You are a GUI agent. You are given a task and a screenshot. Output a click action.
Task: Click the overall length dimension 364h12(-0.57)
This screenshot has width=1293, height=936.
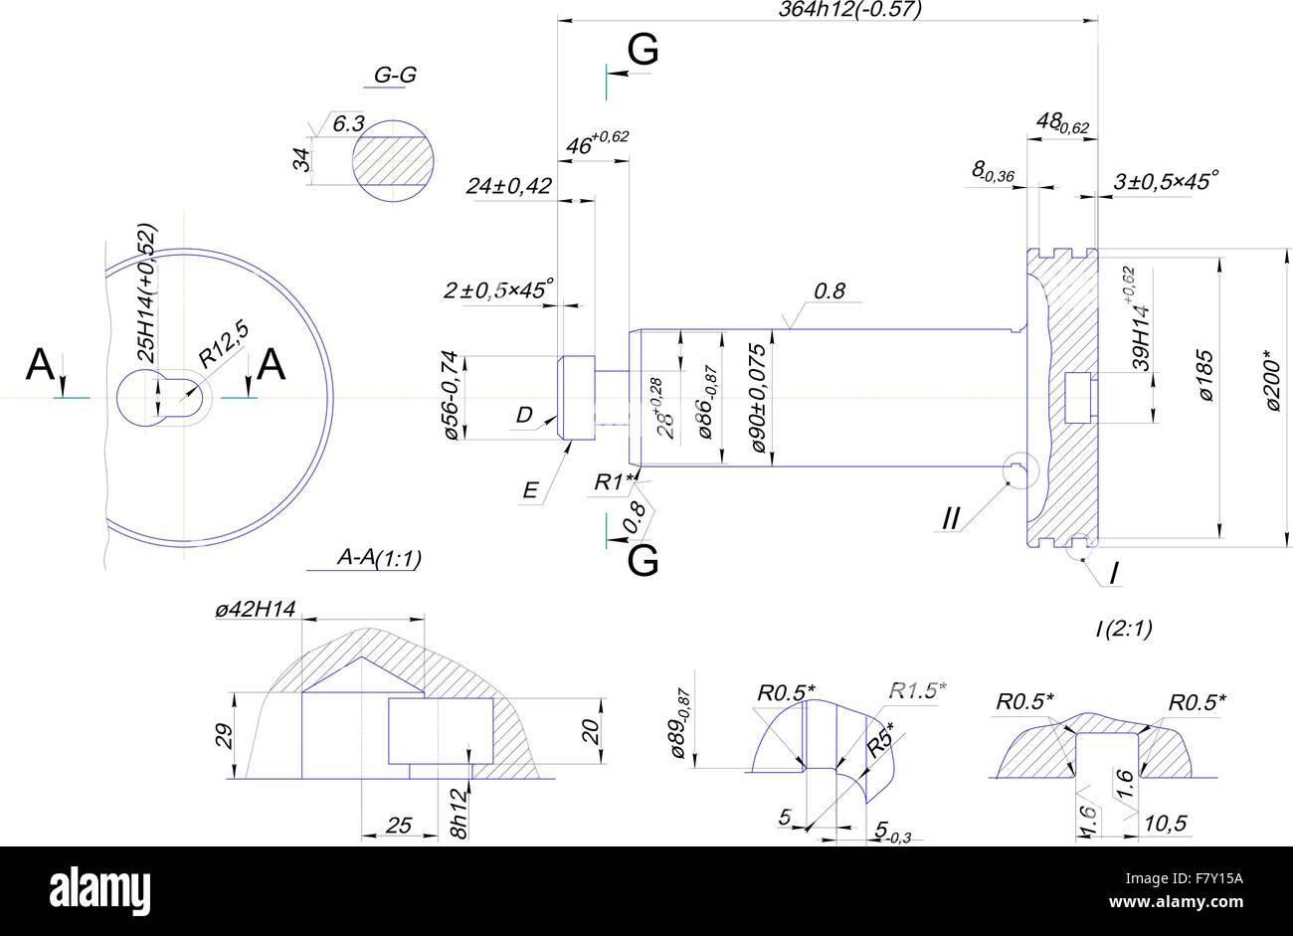[849, 10]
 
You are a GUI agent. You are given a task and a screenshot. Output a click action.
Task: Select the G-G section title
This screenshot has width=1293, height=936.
[395, 76]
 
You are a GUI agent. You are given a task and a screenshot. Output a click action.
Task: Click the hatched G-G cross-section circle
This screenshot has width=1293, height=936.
[395, 159]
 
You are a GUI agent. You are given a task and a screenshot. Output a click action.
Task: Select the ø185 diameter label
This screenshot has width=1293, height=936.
[1205, 375]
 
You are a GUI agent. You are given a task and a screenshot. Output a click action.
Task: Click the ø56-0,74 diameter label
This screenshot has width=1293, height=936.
[450, 395]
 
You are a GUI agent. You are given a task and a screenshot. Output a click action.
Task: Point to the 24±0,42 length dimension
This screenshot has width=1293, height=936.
[508, 186]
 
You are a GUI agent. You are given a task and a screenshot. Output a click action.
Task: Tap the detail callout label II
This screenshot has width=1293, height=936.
[951, 519]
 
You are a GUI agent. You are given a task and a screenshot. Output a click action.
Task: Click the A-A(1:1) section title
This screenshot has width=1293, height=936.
[379, 559]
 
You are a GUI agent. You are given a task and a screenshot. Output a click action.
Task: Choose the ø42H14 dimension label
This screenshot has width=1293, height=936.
[256, 610]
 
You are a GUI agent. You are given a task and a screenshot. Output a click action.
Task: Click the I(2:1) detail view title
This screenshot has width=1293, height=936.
[1123, 628]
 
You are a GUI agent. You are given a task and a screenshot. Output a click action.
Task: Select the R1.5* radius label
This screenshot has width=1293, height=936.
[917, 689]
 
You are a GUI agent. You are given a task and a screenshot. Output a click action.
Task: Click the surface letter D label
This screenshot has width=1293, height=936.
[524, 415]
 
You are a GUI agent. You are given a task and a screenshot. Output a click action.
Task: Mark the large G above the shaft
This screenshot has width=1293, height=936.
[643, 50]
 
